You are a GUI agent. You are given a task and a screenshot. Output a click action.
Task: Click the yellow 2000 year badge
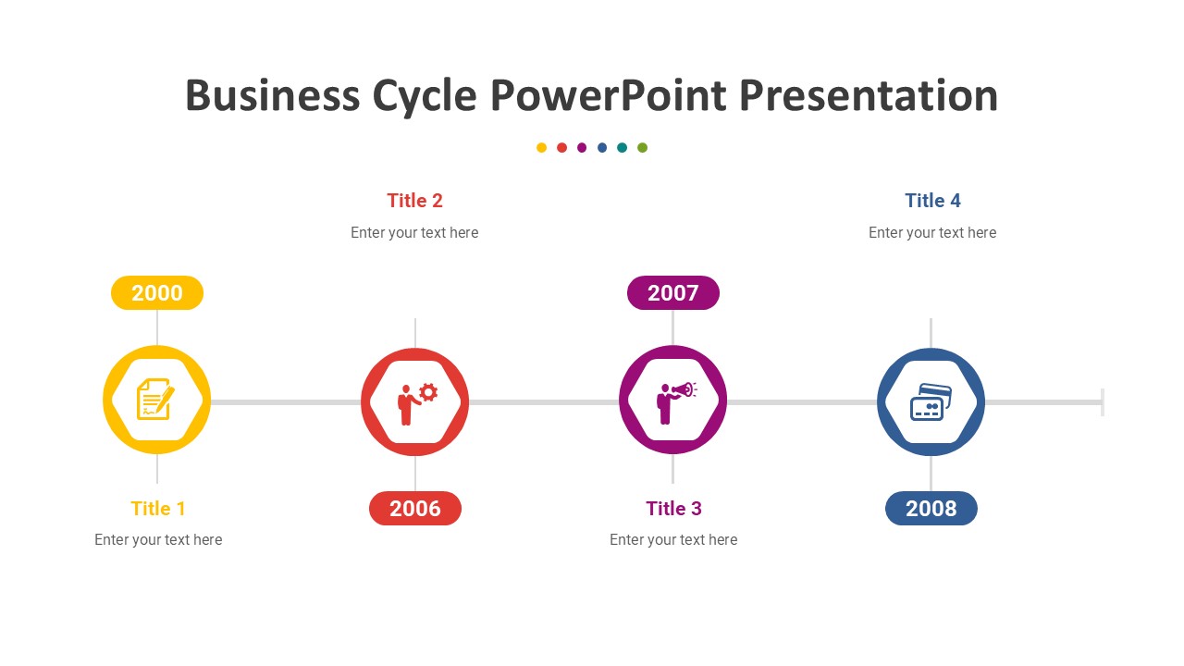pyautogui.click(x=157, y=293)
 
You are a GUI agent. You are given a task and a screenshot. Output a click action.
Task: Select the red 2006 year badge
pyautogui.click(x=415, y=509)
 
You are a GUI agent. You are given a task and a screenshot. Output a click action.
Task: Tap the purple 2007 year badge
pyautogui.click(x=672, y=293)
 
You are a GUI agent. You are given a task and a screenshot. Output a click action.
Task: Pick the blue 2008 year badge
pyautogui.click(x=931, y=509)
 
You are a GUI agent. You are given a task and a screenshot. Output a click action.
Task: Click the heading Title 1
pyautogui.click(x=158, y=509)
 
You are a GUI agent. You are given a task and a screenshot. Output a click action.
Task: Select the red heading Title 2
pyautogui.click(x=415, y=201)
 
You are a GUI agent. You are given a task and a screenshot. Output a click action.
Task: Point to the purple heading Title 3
pyautogui.click(x=674, y=509)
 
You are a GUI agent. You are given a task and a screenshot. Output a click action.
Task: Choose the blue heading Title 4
pyautogui.click(x=933, y=201)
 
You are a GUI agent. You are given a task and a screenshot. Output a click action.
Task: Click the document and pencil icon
pyautogui.click(x=155, y=399)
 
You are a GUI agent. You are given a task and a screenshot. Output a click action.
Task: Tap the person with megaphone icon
pyautogui.click(x=676, y=402)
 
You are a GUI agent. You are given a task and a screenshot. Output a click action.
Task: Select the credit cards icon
pyautogui.click(x=931, y=402)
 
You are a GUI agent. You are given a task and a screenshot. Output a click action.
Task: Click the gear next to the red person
pyautogui.click(x=428, y=393)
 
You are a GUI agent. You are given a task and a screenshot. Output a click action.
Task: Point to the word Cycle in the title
pyautogui.click(x=425, y=96)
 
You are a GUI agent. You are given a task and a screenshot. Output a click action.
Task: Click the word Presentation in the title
pyautogui.click(x=869, y=95)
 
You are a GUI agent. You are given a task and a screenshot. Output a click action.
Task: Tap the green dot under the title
pyautogui.click(x=642, y=147)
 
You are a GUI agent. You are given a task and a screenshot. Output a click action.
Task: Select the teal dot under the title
pyautogui.click(x=623, y=147)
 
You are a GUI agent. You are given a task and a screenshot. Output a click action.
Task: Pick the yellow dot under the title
pyautogui.click(x=541, y=147)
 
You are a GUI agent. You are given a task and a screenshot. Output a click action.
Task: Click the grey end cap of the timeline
pyautogui.click(x=1103, y=402)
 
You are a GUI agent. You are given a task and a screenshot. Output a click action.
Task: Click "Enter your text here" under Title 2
pyautogui.click(x=414, y=232)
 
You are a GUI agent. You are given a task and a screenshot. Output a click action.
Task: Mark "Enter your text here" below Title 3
pyautogui.click(x=673, y=539)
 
